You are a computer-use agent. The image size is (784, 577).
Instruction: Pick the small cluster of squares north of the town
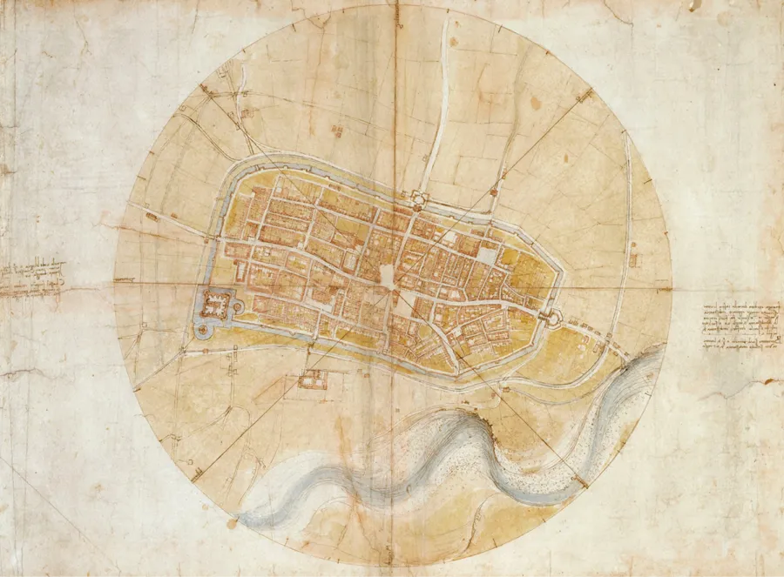pos(336,131)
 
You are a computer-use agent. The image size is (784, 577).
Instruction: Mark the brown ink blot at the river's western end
pos(232,523)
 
